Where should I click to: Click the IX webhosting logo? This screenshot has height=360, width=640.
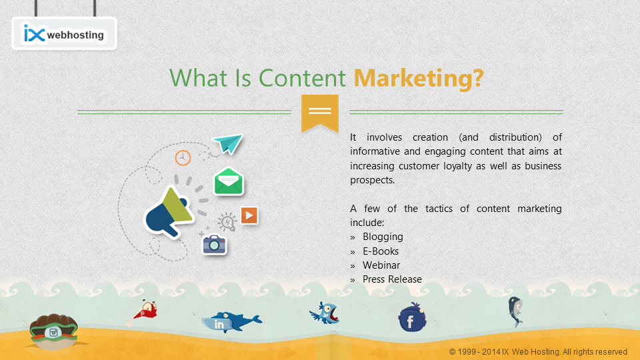click(64, 33)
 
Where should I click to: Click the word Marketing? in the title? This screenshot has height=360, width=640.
click(419, 78)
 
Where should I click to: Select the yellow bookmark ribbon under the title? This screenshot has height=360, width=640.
click(320, 114)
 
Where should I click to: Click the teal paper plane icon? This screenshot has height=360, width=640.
click(227, 143)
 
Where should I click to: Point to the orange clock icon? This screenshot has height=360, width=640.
click(183, 157)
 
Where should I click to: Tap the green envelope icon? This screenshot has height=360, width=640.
click(229, 181)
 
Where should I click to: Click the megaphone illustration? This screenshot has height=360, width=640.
click(169, 212)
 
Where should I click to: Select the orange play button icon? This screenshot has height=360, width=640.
click(249, 215)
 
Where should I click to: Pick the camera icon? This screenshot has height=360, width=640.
click(214, 245)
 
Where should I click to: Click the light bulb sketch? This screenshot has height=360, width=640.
click(227, 222)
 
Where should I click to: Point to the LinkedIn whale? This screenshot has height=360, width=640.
click(231, 322)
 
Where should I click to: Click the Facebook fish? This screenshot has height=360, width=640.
click(412, 318)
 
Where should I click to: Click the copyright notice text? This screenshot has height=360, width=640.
click(538, 352)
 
